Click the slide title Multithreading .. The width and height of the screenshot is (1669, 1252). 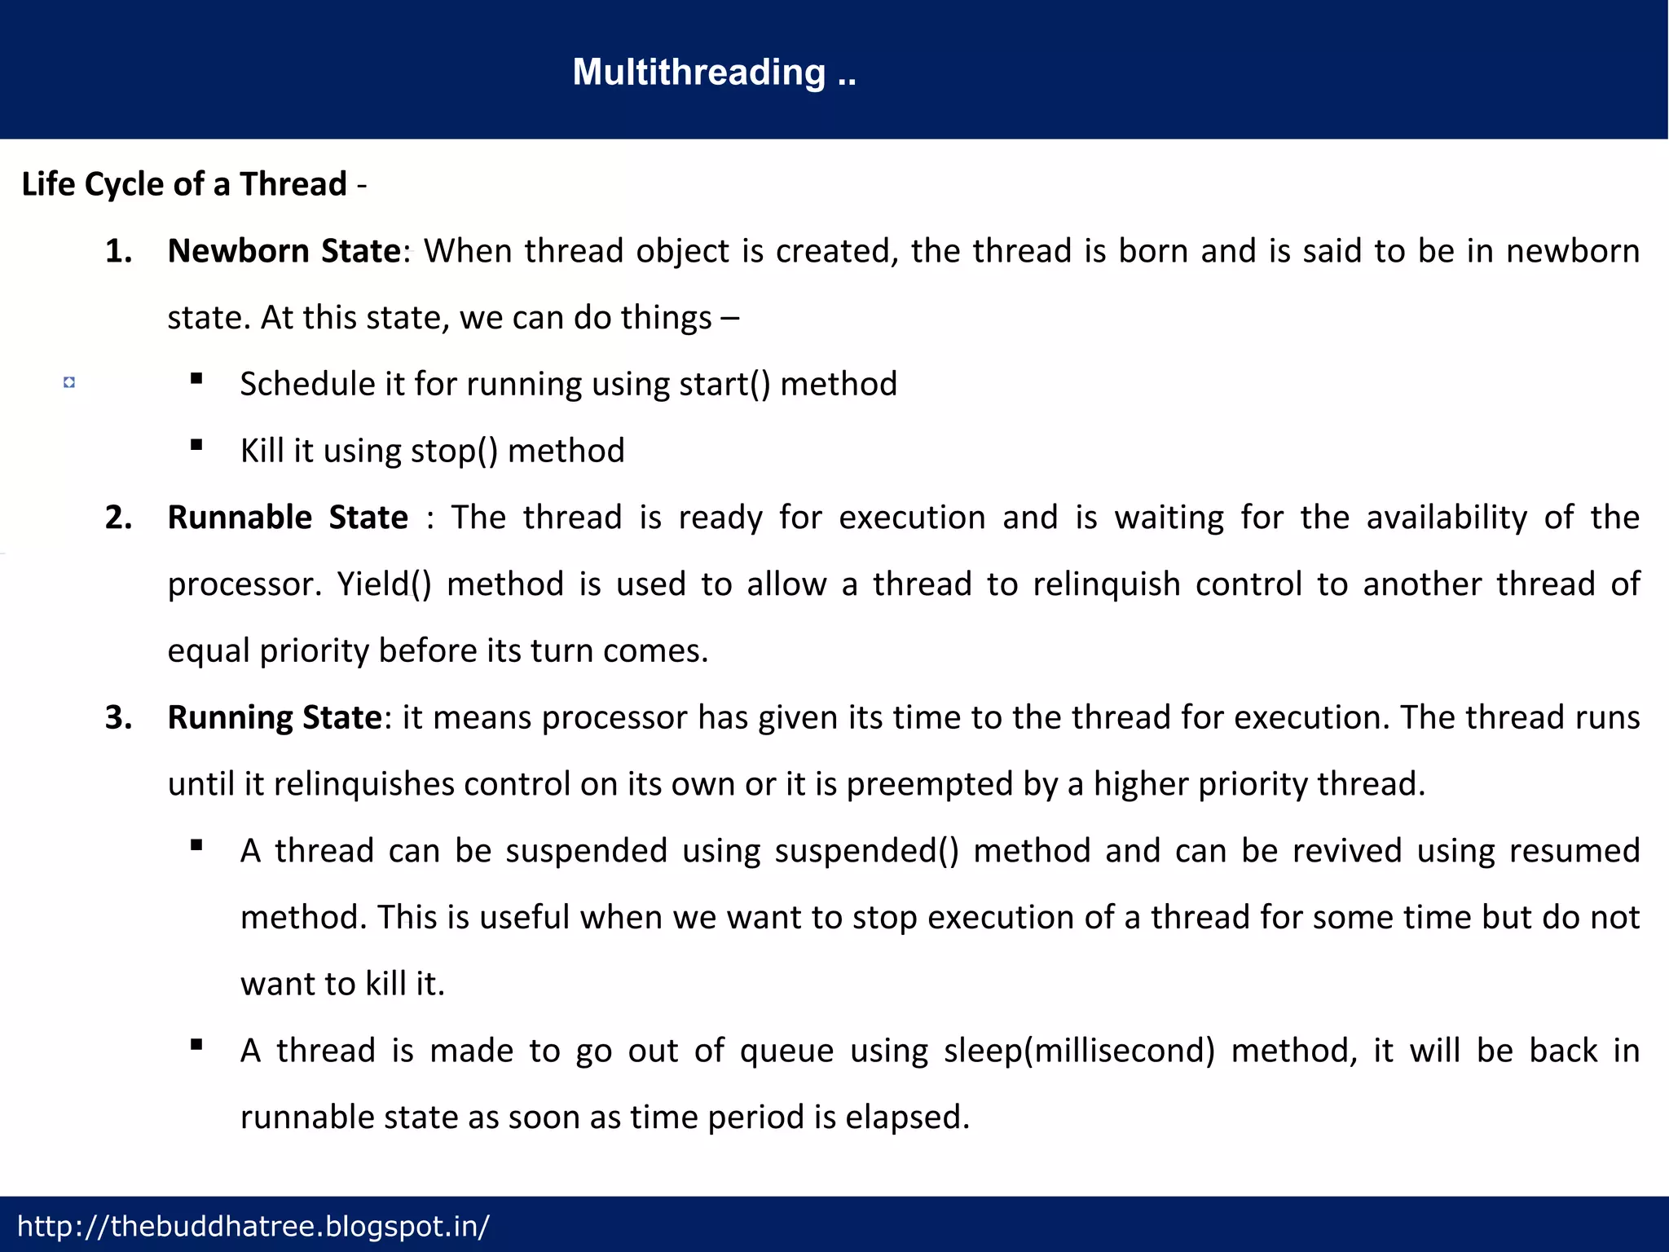714,73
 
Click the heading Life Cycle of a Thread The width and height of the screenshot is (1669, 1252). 184,184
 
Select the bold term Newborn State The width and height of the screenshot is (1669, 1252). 284,251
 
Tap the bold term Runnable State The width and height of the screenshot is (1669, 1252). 288,518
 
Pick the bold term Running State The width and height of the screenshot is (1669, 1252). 275,717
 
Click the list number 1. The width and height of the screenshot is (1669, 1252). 118,251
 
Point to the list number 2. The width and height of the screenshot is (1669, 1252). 118,518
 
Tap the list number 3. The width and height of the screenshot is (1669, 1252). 118,717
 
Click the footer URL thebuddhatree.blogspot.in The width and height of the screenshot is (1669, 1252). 253,1226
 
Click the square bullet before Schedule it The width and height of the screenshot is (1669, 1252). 196,378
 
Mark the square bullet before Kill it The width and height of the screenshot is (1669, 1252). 196,445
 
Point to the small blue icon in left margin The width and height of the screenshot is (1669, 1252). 69,382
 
